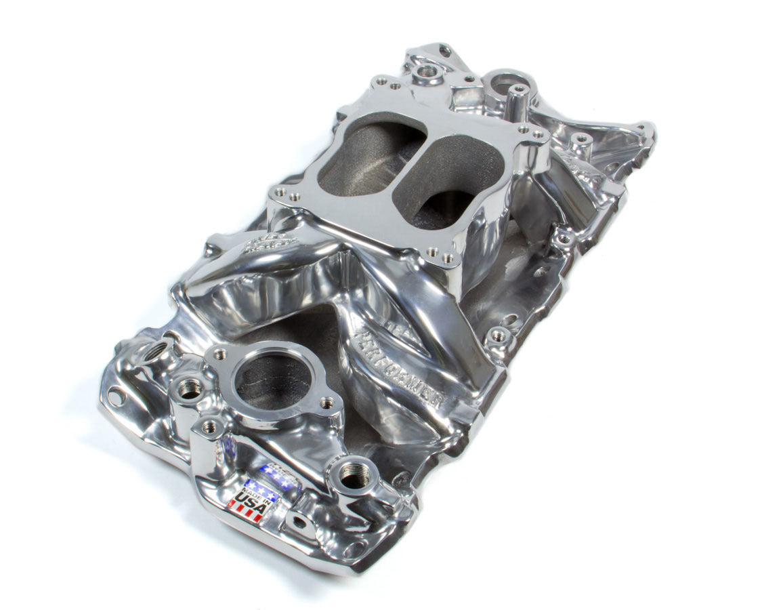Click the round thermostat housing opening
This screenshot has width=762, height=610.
click(x=273, y=380)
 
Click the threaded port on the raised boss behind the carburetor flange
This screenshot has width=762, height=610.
click(x=427, y=70)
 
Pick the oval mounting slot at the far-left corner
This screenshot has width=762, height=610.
click(x=116, y=396)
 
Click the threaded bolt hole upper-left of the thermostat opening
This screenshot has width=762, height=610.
click(x=219, y=353)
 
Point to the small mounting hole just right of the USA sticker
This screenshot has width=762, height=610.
click(x=295, y=521)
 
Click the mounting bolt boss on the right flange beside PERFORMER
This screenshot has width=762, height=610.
click(x=498, y=335)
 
